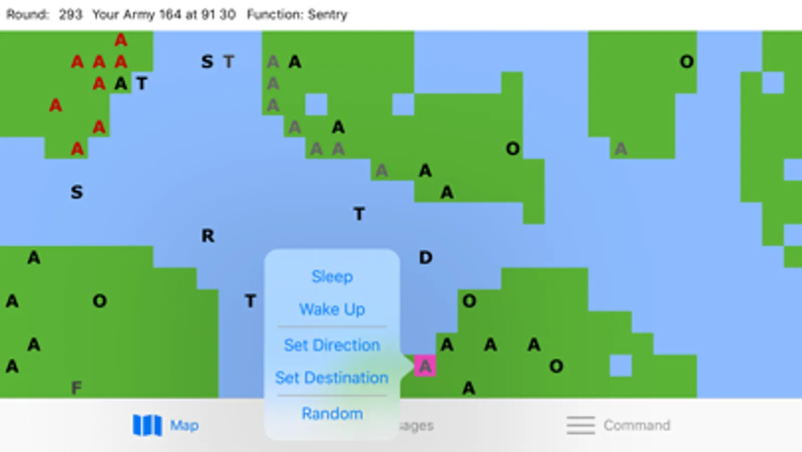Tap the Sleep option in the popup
pyautogui.click(x=332, y=277)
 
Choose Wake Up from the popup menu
pyautogui.click(x=332, y=309)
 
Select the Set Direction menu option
pyautogui.click(x=332, y=345)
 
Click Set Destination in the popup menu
pyautogui.click(x=332, y=378)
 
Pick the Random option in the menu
pyautogui.click(x=332, y=413)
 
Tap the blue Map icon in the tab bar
pyautogui.click(x=147, y=425)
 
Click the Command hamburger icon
pyautogui.click(x=581, y=425)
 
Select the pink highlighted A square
pyautogui.click(x=425, y=366)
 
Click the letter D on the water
pyautogui.click(x=425, y=258)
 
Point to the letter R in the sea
pyautogui.click(x=208, y=236)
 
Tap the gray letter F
pyautogui.click(x=76, y=388)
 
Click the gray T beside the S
pyautogui.click(x=229, y=62)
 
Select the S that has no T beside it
pyautogui.click(x=76, y=192)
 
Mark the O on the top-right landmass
pyautogui.click(x=687, y=62)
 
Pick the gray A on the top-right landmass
pyautogui.click(x=621, y=149)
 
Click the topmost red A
pyautogui.click(x=120, y=40)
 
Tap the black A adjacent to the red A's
pyautogui.click(x=120, y=83)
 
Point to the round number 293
pyautogui.click(x=70, y=15)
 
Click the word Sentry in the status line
pyautogui.click(x=328, y=15)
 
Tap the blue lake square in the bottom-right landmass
pyautogui.click(x=620, y=366)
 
